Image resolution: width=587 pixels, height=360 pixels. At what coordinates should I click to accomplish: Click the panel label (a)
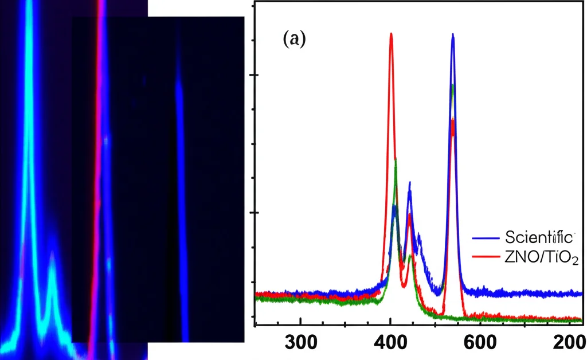295,40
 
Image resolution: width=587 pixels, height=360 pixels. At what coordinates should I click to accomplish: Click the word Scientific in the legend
539,237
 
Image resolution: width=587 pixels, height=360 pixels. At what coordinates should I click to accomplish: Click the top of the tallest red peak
391,34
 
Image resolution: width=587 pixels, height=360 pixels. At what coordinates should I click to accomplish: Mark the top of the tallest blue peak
453,35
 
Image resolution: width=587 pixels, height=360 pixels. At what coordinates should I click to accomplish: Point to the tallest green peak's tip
453,86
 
